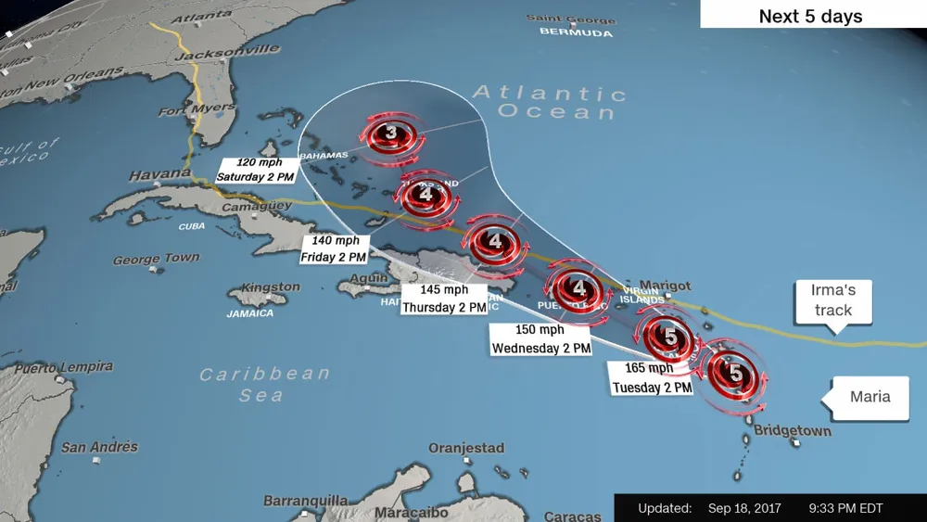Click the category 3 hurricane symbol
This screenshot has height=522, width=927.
pos(391,135)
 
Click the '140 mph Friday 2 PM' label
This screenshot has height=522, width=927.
pos(333,248)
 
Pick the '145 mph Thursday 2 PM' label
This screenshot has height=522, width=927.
pos(444,299)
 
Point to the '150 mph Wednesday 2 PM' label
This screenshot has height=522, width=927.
pos(540,338)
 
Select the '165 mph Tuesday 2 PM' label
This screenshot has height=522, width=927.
pos(651,378)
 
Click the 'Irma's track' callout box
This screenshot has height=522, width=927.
pos(833,299)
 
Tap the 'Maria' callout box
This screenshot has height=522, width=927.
pos(870,397)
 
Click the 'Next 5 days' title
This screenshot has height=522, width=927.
pos(810,17)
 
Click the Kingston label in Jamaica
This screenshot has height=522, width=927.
pos(270,287)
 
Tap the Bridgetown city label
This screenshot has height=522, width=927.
pos(792,431)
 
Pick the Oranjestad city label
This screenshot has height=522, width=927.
pos(466,448)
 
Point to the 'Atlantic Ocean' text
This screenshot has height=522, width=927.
pos(549,102)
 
